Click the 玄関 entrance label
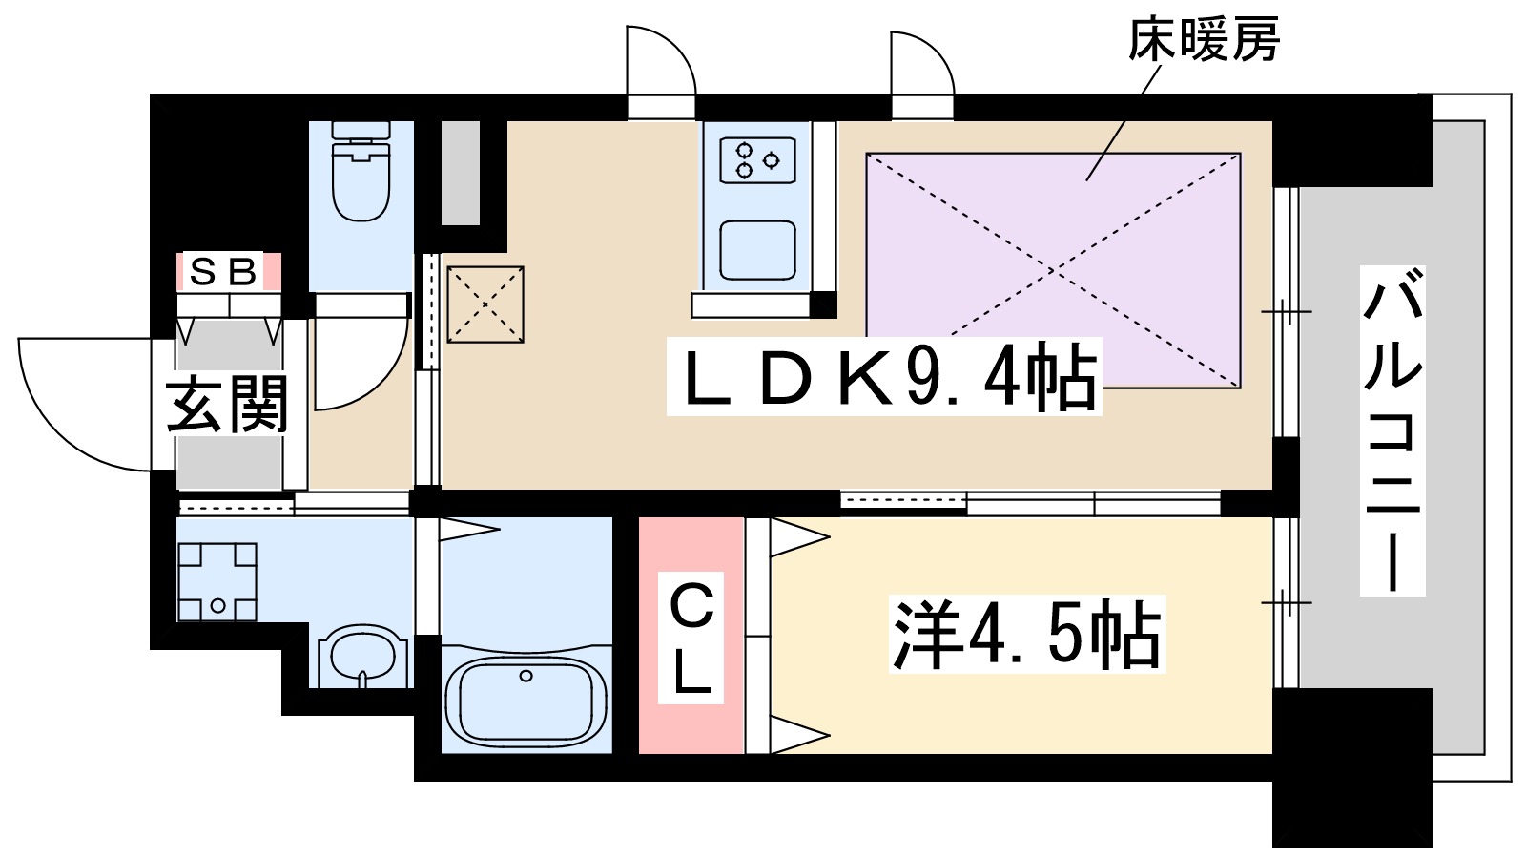(227, 405)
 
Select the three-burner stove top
(757, 160)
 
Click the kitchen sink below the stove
(757, 250)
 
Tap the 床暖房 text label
(1203, 40)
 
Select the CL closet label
(691, 638)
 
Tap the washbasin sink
(362, 656)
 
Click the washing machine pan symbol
(217, 581)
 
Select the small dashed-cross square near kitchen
(485, 304)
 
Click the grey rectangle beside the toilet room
(460, 173)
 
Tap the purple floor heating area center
(1053, 270)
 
